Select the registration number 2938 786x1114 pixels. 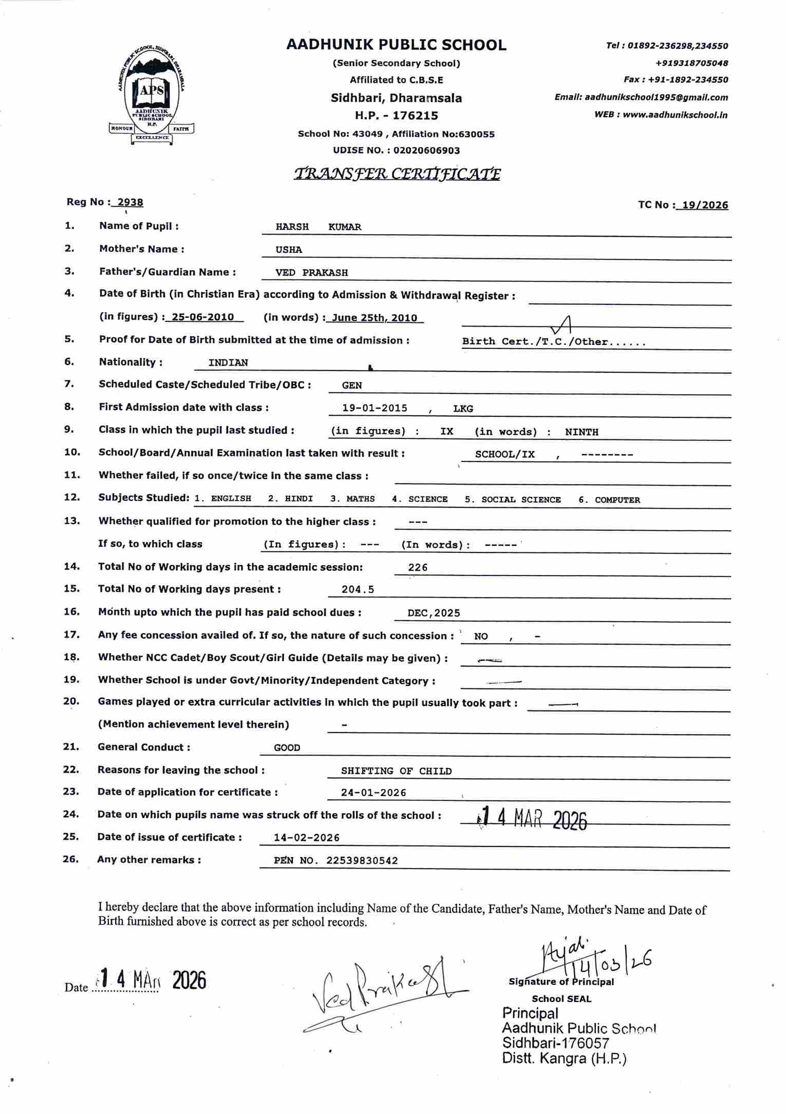(x=130, y=202)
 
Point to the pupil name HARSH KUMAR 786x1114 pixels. (x=318, y=227)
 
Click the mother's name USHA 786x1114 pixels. (x=289, y=250)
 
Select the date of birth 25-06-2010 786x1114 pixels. (x=202, y=317)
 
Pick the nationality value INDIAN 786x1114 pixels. (x=228, y=362)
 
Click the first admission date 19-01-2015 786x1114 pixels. (x=375, y=408)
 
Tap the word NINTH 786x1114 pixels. (x=582, y=432)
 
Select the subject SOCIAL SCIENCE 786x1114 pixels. (x=520, y=500)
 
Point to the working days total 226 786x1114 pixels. (x=418, y=567)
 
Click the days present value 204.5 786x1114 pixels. (x=358, y=590)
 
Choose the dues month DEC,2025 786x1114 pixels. (x=434, y=613)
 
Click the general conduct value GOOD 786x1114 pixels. (x=287, y=748)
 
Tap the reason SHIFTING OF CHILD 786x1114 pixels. (x=396, y=771)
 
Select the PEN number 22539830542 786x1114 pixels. (x=362, y=861)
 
